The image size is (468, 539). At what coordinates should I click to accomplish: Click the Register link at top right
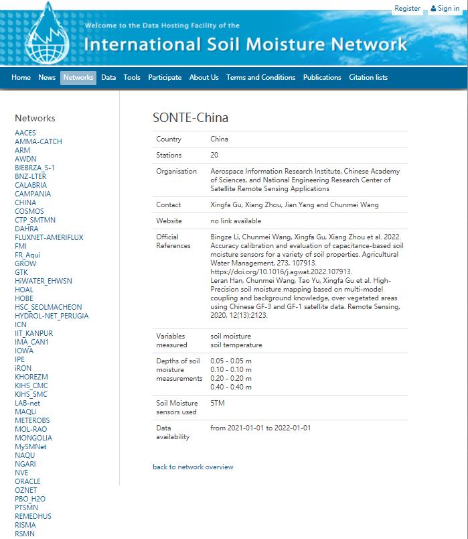(407, 9)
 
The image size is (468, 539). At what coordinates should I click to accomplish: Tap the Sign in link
(445, 9)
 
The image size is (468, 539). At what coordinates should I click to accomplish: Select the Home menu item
(21, 78)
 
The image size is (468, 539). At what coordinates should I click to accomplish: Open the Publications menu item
(322, 78)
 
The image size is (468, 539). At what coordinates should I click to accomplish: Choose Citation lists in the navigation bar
(368, 78)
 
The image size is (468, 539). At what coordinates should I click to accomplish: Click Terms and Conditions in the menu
(260, 78)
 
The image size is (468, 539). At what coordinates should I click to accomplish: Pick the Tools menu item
(132, 78)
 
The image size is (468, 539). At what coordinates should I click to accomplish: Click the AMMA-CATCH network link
(38, 141)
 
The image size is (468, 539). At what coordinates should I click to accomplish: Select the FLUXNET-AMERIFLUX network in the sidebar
(49, 237)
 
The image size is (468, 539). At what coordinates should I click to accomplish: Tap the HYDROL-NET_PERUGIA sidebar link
(52, 316)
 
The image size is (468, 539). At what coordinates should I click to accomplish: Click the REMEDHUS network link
(33, 516)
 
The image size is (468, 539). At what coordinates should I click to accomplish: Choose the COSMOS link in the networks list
(29, 211)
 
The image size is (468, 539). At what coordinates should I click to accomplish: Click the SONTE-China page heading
(190, 118)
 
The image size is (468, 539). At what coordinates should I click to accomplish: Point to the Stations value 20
(214, 156)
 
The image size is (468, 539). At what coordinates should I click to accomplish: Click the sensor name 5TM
(217, 404)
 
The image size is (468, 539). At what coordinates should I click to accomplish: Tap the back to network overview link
(193, 467)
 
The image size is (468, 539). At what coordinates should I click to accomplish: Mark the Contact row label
(169, 205)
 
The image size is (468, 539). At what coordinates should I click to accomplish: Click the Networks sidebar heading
(35, 118)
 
